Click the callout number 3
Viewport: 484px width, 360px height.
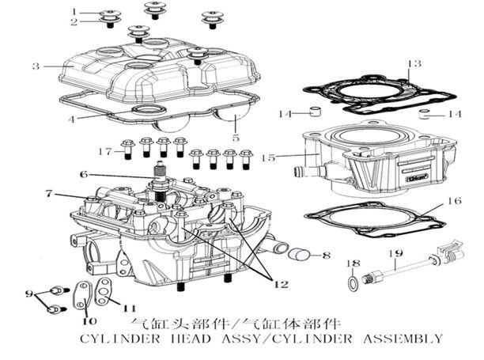(36, 66)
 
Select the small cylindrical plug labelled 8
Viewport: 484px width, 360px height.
(298, 255)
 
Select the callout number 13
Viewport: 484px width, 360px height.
(409, 63)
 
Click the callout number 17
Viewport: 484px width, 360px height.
(103, 150)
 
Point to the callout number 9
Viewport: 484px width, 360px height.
(29, 294)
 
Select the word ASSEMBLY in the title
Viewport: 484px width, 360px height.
(399, 339)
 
